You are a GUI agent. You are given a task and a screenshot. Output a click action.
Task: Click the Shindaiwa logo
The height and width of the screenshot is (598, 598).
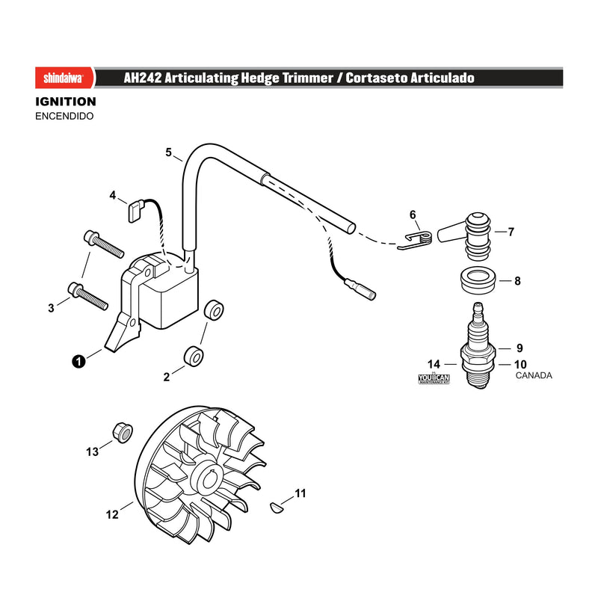click(x=64, y=78)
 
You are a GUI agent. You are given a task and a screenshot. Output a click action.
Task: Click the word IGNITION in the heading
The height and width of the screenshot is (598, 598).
click(x=66, y=102)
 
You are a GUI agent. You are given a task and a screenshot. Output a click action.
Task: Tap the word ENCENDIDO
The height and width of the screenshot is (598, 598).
click(x=64, y=116)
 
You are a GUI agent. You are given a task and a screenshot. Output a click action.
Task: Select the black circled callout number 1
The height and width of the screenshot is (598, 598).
click(x=78, y=361)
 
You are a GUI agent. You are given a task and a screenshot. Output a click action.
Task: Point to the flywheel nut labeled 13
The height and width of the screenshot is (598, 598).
click(x=123, y=433)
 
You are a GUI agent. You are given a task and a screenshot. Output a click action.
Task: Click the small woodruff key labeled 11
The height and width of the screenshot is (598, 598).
click(x=275, y=508)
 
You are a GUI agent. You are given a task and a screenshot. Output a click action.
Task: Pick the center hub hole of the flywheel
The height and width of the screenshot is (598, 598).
click(x=209, y=478)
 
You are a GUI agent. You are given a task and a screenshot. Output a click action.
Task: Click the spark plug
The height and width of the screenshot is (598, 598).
click(x=478, y=345)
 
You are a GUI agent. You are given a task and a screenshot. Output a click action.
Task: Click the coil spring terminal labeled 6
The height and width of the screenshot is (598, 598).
click(x=416, y=240)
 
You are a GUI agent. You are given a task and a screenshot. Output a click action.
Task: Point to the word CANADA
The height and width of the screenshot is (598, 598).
click(x=534, y=375)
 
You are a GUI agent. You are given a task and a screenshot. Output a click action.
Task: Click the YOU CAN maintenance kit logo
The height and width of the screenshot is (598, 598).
click(x=434, y=379)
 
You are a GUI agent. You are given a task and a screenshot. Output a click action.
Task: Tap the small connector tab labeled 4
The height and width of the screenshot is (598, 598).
click(x=135, y=212)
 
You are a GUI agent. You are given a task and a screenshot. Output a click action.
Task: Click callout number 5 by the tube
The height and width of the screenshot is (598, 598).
click(x=169, y=152)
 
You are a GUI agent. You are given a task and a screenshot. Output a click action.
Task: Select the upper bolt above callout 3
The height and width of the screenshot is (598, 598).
click(x=104, y=244)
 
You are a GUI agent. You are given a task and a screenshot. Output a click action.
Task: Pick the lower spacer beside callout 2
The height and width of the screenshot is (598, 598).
click(x=194, y=357)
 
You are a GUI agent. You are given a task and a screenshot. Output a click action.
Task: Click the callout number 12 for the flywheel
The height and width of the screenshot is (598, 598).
click(x=112, y=515)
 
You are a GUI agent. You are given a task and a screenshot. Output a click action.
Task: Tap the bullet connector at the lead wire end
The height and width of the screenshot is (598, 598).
click(x=360, y=289)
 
